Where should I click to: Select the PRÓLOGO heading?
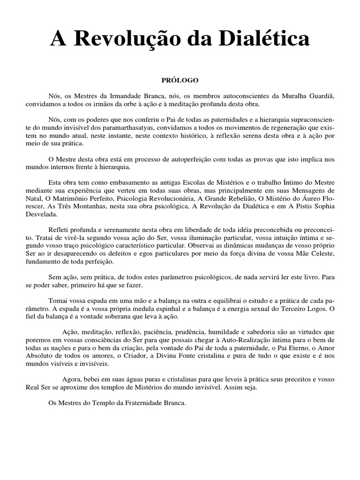tap(180, 80)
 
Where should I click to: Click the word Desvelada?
tap(42, 214)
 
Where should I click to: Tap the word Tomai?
tap(58, 300)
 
